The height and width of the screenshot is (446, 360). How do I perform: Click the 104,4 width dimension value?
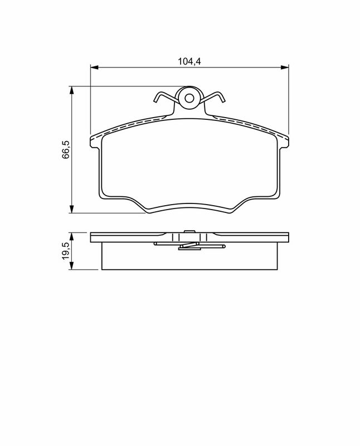(x=189, y=61)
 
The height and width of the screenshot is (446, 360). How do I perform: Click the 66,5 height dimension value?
(x=66, y=149)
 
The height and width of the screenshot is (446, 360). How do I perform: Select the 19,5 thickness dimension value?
(x=66, y=251)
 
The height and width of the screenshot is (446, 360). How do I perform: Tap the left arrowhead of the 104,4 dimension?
(x=94, y=67)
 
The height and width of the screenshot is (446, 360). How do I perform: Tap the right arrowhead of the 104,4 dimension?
(x=285, y=67)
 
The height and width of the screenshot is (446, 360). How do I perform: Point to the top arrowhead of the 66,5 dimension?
(x=72, y=90)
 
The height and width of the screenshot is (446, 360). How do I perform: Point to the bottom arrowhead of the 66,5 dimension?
(x=72, y=209)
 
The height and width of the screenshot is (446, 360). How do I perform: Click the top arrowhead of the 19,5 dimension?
(x=72, y=236)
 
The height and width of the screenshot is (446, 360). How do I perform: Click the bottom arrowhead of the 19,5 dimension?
(x=72, y=266)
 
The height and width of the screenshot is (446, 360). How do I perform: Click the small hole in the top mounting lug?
(x=189, y=99)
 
